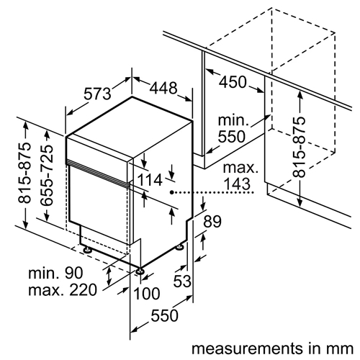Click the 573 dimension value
[x=97, y=94]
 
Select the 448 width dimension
[x=163, y=88]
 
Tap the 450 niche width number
[x=233, y=82]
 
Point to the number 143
[x=237, y=184]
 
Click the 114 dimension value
[x=150, y=180]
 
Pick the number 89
[x=212, y=222]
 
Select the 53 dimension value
[x=182, y=281]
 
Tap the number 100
[x=146, y=294]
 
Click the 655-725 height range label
[x=46, y=175]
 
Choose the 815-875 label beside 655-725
[x=24, y=173]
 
